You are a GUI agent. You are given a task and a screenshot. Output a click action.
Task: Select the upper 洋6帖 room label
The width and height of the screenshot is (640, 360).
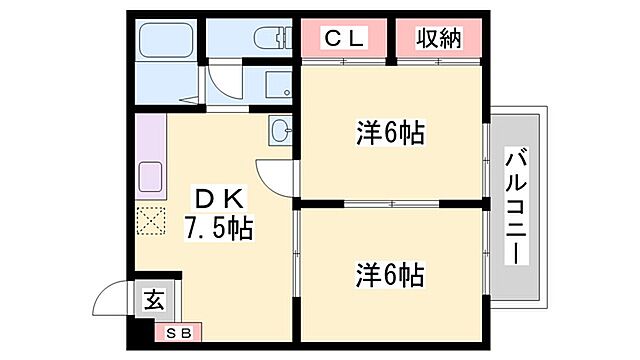click(x=391, y=133)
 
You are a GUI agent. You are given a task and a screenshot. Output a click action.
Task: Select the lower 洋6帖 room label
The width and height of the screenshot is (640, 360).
click(x=391, y=273)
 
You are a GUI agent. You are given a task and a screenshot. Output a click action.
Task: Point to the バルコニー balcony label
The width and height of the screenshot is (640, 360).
click(x=516, y=205)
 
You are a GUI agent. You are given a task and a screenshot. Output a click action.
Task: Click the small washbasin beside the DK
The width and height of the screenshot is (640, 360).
click(x=280, y=130)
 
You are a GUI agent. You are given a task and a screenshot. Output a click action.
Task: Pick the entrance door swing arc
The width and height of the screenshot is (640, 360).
click(x=112, y=298)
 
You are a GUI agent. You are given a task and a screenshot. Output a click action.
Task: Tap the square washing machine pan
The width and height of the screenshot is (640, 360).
click(x=267, y=88)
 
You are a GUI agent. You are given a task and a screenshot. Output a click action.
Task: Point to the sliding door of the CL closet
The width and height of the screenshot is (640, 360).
click(x=344, y=63)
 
